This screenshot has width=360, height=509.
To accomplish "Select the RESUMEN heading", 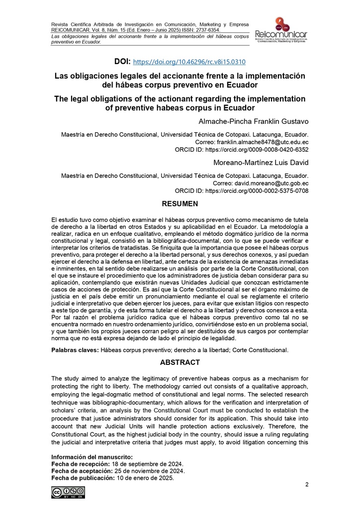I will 180,204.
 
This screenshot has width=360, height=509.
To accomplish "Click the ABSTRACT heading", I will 180,362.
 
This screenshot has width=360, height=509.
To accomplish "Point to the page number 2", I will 307,485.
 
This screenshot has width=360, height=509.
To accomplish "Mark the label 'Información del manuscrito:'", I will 92,456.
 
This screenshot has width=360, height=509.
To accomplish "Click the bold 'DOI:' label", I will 122,62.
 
